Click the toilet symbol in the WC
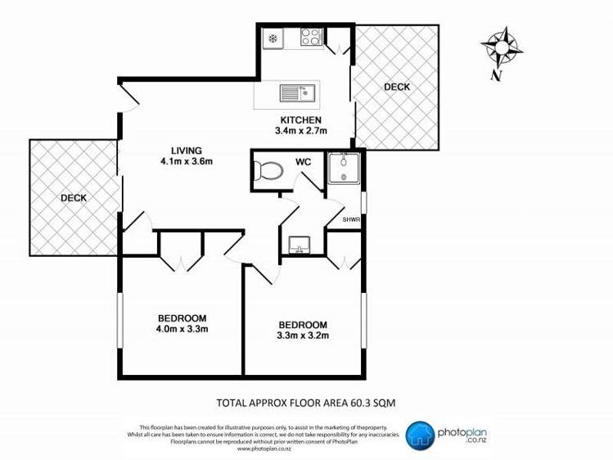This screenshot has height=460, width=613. [269, 171]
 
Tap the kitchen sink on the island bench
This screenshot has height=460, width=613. [298, 92]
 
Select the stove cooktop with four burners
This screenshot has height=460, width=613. [311, 37]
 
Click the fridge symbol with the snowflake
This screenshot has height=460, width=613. [273, 38]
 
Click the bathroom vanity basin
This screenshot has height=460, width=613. [298, 244]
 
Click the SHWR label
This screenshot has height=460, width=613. [351, 219]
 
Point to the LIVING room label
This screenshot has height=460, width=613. [187, 149]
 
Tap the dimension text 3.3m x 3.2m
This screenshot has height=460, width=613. [303, 336]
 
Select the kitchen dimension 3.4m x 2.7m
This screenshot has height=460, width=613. [300, 130]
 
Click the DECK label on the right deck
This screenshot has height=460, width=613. [397, 87]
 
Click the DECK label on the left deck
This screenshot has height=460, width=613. [73, 197]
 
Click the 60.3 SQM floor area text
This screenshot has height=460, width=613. [369, 402]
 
